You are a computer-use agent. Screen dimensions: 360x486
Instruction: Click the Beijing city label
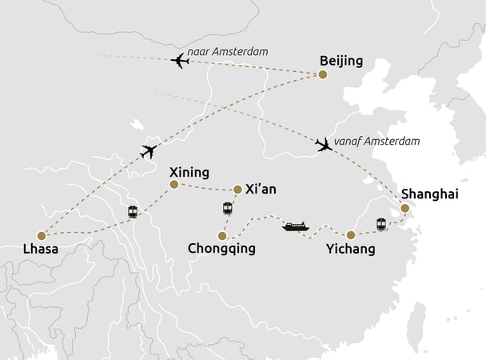341,61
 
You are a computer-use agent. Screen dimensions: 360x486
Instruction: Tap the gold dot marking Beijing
323,75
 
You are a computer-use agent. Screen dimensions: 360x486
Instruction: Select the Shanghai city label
430,194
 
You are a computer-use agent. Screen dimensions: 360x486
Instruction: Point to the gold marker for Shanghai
404,208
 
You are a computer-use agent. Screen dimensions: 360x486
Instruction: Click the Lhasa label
41,250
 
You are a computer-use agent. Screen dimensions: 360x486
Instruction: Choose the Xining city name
189,172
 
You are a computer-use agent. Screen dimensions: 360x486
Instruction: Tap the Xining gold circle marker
173,185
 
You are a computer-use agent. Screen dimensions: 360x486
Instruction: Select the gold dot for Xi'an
237,190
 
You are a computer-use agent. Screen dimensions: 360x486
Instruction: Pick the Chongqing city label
222,249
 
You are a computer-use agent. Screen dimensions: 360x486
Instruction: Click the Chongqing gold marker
221,235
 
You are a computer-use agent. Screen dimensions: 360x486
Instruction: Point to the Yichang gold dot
350,234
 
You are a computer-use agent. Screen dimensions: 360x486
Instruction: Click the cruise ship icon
295,227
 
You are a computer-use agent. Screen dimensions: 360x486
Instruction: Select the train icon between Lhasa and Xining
133,212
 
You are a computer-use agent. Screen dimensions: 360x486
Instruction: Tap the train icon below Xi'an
228,209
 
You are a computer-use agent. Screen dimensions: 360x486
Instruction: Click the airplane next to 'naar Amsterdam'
180,61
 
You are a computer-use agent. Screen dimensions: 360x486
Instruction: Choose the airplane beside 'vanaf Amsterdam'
324,145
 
